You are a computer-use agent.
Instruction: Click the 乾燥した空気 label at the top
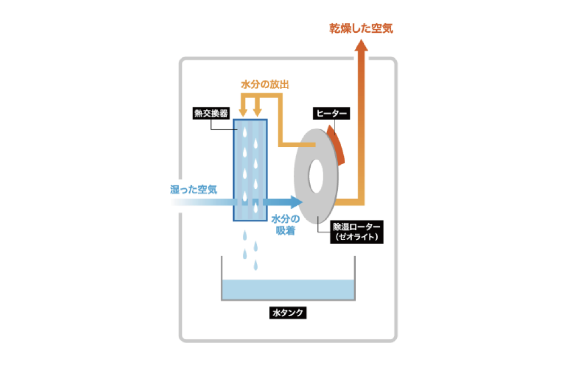click(361, 28)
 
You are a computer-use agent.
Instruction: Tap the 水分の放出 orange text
click(265, 85)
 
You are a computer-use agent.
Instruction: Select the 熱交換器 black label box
click(211, 113)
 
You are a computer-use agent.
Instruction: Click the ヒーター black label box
click(332, 113)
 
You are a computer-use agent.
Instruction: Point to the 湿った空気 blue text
click(194, 190)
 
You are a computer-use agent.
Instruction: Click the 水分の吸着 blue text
click(286, 225)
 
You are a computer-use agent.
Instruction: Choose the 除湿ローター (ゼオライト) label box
click(357, 232)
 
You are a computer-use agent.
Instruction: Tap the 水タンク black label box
click(288, 312)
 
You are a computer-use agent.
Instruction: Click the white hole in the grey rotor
click(316, 176)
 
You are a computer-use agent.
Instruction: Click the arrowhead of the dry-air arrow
click(361, 45)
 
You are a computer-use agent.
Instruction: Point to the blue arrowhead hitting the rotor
click(297, 202)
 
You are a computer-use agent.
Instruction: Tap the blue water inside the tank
click(288, 289)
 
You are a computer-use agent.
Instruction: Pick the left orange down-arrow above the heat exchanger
click(243, 106)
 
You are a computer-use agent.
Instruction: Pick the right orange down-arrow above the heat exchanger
click(257, 106)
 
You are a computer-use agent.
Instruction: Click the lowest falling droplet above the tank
click(256, 265)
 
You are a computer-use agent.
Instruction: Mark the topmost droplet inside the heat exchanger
click(245, 132)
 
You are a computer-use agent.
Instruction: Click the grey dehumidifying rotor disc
click(316, 176)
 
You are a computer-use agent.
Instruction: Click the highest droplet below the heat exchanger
click(245, 236)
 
